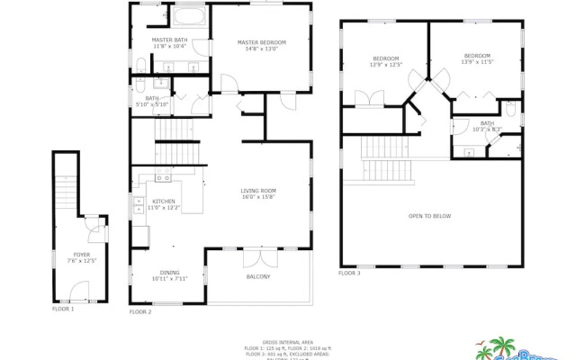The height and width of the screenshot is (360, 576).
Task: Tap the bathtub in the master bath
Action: (190, 17)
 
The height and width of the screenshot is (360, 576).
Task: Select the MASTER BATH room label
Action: (169, 42)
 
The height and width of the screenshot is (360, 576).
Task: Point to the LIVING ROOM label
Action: (257, 193)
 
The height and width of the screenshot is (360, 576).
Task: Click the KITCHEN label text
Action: (163, 203)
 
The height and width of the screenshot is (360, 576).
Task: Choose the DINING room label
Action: (169, 274)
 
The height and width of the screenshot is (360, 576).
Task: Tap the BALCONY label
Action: (258, 276)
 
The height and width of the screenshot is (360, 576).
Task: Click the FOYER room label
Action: (81, 257)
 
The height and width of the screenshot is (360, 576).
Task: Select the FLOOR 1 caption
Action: (63, 309)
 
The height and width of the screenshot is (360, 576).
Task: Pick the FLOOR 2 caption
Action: (139, 311)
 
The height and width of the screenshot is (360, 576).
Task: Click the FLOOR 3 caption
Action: (349, 273)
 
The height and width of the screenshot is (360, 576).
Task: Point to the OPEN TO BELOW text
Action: (429, 216)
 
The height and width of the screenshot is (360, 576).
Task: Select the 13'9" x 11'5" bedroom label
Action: (477, 58)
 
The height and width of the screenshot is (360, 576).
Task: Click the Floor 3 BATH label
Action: (487, 126)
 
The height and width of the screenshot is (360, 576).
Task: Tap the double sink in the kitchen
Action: (139, 206)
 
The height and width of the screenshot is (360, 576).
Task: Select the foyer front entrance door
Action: (79, 290)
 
